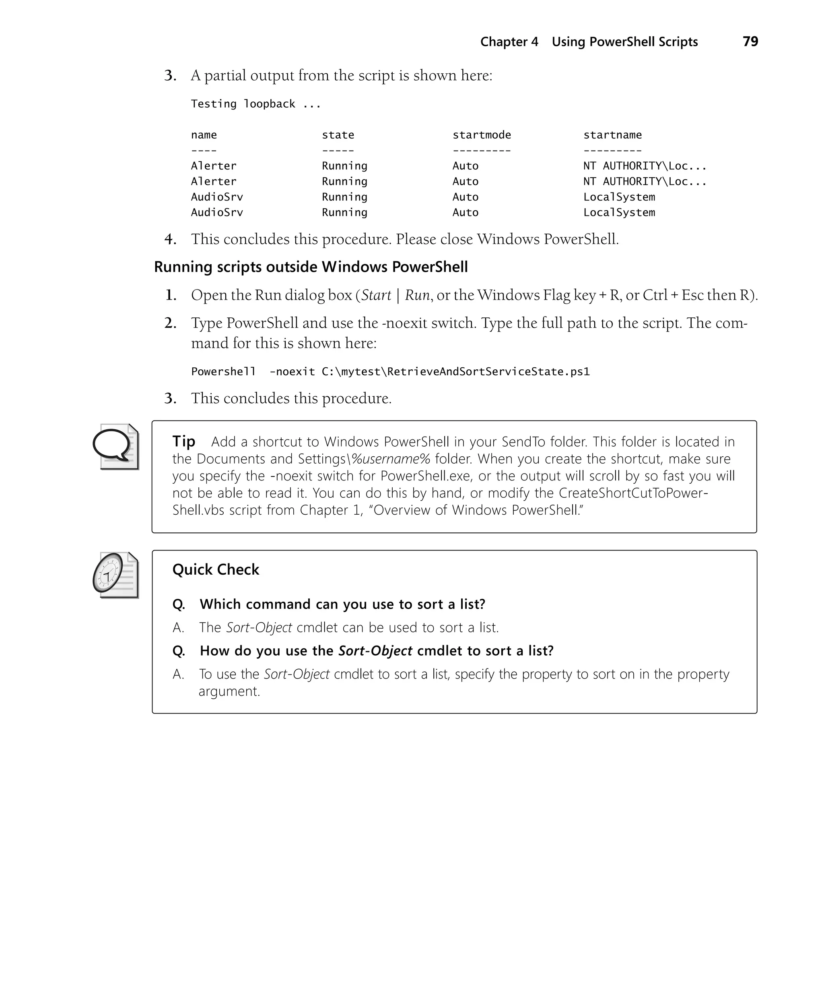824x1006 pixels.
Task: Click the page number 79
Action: pos(750,42)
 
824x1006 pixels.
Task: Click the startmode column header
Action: pos(481,135)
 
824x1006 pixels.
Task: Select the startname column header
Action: pos(612,135)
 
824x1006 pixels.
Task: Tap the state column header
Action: pos(338,135)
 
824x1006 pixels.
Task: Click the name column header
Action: pos(204,135)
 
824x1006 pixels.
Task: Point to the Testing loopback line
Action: pos(255,104)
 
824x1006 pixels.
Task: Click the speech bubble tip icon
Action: pos(115,447)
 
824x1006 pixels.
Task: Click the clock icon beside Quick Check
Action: pos(115,575)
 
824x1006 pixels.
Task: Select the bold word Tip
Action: pos(184,441)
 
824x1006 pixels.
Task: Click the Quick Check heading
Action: pos(216,569)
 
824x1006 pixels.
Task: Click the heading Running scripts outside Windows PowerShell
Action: pos(311,267)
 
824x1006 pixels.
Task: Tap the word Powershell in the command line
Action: pos(223,371)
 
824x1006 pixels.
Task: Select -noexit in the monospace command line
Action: pos(291,371)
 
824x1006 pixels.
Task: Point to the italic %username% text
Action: pos(391,459)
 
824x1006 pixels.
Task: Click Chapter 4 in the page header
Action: pos(509,42)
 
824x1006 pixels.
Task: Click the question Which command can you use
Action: pos(342,604)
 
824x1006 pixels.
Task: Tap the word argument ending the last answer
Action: pos(229,691)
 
